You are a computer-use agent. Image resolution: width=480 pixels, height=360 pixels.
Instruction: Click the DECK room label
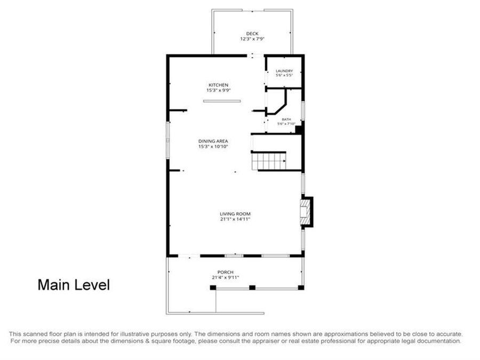252,34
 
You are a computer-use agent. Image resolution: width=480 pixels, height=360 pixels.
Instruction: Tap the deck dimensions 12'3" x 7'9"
252,39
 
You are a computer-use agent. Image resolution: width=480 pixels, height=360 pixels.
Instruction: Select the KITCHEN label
219,85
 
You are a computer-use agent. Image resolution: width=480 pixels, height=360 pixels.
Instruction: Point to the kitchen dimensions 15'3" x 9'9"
219,90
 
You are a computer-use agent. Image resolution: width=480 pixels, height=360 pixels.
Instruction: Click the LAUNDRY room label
284,71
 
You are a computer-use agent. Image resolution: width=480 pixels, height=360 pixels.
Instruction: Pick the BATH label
286,119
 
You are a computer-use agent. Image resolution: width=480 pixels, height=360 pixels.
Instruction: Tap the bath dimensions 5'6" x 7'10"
286,124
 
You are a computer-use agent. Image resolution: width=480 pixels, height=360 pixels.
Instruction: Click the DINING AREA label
213,141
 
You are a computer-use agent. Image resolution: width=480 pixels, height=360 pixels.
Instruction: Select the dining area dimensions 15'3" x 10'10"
213,147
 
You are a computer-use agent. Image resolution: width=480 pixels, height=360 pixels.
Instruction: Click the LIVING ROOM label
235,214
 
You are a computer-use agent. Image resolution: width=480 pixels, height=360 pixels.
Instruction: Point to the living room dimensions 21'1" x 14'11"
235,219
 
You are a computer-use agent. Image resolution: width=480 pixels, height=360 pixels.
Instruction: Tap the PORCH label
226,272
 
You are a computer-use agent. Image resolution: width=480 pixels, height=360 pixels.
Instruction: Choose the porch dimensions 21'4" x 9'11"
225,278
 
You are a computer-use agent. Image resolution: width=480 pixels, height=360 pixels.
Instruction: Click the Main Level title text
74,285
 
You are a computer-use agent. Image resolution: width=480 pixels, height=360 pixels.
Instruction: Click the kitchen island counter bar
222,101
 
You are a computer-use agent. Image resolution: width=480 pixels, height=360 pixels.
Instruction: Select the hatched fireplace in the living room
305,212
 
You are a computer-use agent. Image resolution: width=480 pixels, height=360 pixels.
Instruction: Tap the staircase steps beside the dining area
269,161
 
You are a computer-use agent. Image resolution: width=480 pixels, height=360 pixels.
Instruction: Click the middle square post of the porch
252,287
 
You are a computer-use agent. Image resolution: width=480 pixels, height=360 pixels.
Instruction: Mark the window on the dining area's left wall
168,140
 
